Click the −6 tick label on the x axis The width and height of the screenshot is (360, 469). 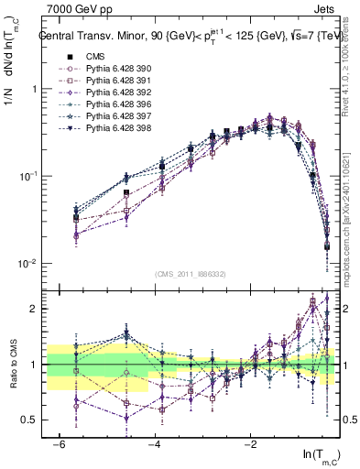pyautogui.click(x=58, y=442)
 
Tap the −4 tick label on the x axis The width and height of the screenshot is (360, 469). pyautogui.click(x=154, y=442)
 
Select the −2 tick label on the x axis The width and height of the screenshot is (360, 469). pyautogui.click(x=250, y=442)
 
